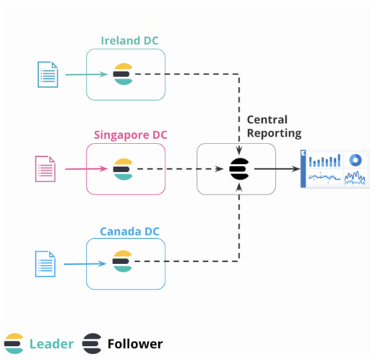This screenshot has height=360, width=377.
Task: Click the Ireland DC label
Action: tap(129, 41)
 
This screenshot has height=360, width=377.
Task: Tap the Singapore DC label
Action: tap(130, 135)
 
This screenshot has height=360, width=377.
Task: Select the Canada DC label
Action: tap(129, 232)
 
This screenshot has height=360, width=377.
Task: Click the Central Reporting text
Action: tap(274, 126)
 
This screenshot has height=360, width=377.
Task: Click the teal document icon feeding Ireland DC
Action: tap(48, 74)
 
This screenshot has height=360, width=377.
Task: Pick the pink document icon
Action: tap(45, 169)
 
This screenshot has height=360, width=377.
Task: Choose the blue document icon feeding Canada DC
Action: tap(45, 264)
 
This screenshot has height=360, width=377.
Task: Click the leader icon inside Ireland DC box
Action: tap(122, 74)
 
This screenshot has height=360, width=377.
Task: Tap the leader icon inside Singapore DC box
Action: tap(122, 169)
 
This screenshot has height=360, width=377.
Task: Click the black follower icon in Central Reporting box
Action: tap(238, 169)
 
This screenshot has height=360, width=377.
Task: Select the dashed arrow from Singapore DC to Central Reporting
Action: tap(180, 169)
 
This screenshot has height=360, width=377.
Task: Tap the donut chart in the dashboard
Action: tap(355, 160)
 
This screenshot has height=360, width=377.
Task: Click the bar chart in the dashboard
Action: tap(325, 160)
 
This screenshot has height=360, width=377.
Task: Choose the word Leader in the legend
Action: tap(51, 344)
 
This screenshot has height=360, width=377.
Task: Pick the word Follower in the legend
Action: tap(135, 344)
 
